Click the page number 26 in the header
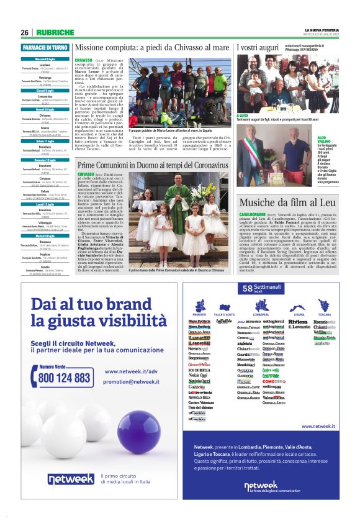[24, 32]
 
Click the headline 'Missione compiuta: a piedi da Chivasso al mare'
[152, 47]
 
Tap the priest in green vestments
[176, 214]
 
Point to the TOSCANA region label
[325, 315]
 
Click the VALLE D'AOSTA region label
[224, 315]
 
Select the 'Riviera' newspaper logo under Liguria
[298, 322]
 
